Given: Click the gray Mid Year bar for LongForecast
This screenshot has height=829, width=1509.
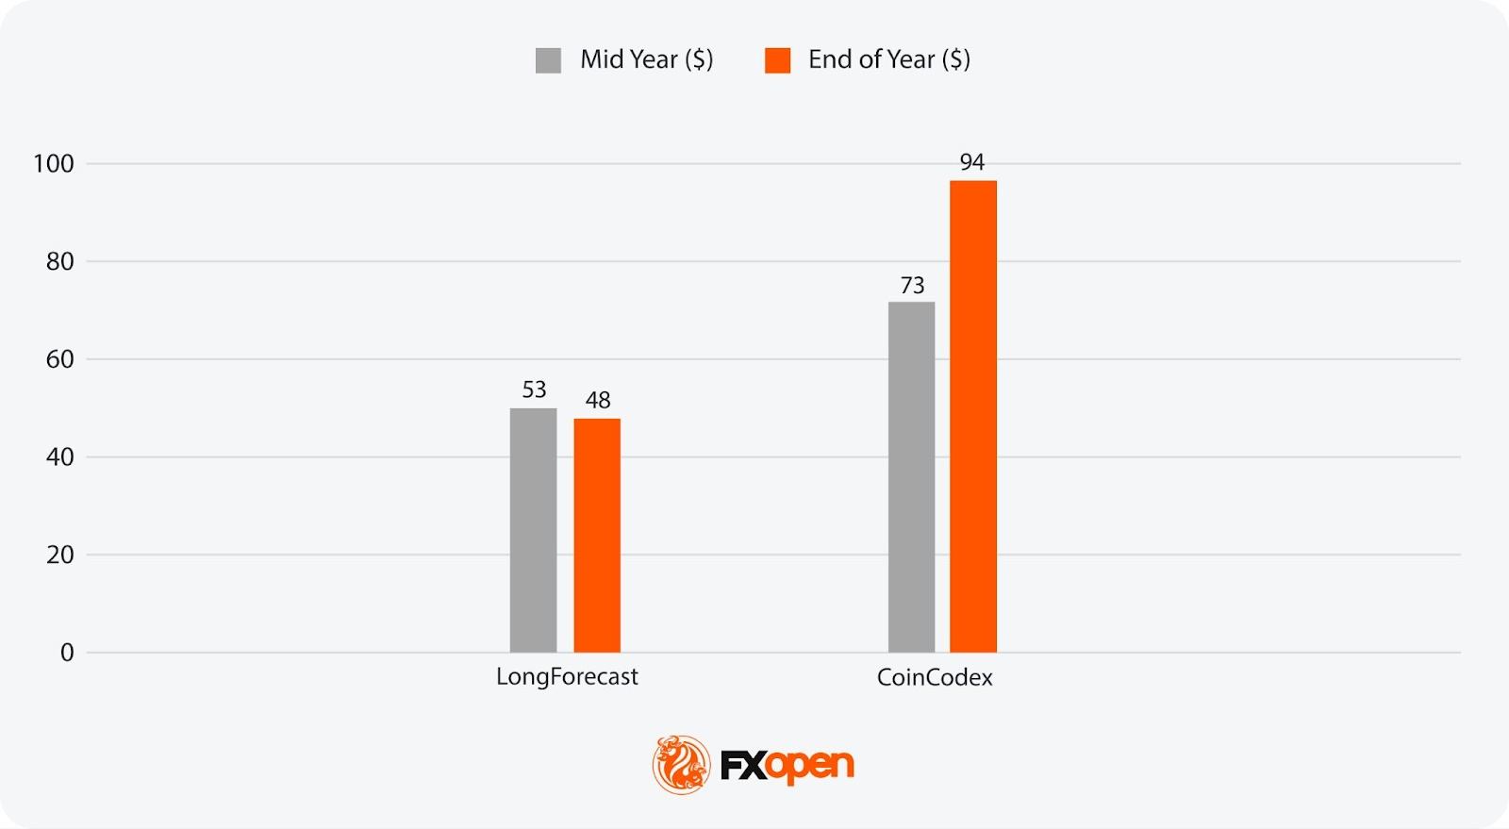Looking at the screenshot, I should (533, 530).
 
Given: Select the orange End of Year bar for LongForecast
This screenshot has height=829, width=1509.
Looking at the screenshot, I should (597, 536).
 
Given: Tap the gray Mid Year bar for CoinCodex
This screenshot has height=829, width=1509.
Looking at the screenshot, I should (911, 477).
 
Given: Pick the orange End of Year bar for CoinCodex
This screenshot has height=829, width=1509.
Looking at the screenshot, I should (972, 417).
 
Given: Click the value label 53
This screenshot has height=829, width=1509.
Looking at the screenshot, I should (534, 390).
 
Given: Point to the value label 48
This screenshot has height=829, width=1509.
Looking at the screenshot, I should (598, 400).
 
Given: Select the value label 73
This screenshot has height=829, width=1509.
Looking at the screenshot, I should (912, 285).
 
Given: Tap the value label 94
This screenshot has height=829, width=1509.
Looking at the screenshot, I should (972, 162).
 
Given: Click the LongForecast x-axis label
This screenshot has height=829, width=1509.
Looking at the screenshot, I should (567, 677).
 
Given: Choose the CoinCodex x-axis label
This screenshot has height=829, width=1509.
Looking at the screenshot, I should (935, 677).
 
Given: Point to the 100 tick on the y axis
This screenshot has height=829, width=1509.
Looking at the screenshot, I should (54, 164).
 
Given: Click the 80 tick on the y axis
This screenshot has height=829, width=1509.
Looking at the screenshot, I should (59, 261).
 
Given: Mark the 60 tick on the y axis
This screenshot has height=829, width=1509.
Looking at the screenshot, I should (59, 359).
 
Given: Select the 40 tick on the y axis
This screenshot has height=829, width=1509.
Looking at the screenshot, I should (59, 457).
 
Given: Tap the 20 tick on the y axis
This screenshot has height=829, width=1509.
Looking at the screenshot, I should (59, 555).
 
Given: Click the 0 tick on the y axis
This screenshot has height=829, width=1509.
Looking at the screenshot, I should (67, 653).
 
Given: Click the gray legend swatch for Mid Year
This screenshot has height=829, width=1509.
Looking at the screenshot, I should (548, 60).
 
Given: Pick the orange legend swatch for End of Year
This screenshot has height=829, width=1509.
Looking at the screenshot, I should (777, 60).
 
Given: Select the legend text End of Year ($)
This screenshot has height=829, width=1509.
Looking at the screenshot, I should (888, 59).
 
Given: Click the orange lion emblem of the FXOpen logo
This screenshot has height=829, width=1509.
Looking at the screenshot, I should (681, 764).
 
